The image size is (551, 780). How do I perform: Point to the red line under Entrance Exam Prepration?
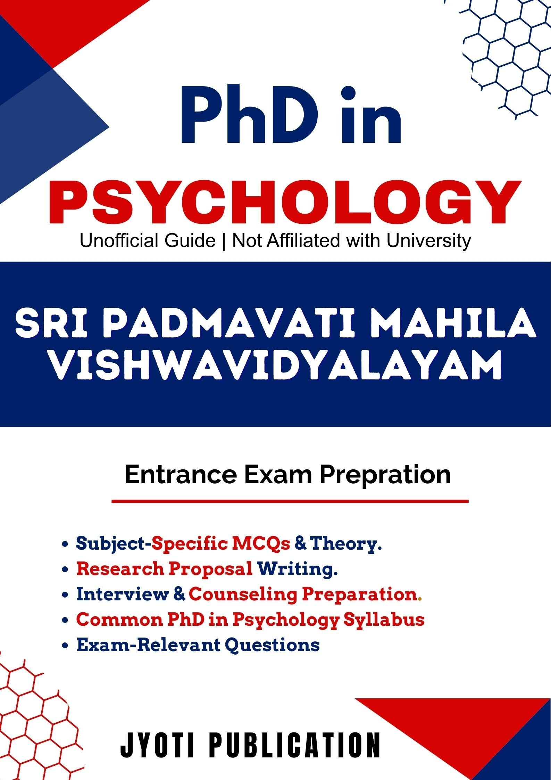point(290,501)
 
